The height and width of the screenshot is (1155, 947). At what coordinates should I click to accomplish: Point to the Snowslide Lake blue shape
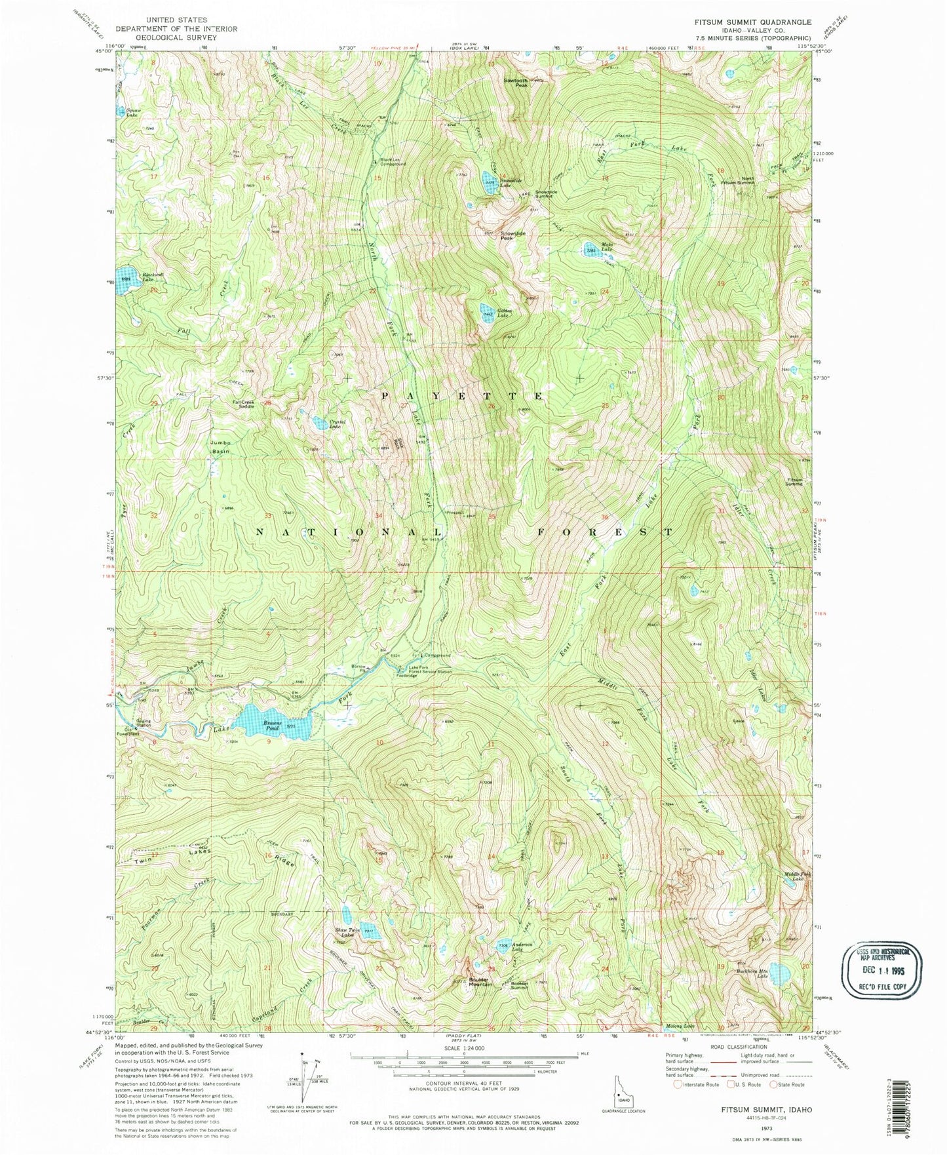pos(489,183)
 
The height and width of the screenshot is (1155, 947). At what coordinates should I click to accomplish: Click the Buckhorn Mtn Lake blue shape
pos(779,973)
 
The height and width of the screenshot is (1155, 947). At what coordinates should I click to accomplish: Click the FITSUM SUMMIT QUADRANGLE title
pos(743,22)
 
